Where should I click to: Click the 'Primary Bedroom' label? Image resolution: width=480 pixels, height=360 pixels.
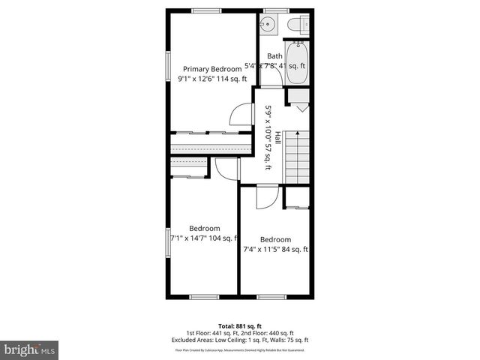211,68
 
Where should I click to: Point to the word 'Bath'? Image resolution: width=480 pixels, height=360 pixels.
274,55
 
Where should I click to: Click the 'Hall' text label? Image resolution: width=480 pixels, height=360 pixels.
277,139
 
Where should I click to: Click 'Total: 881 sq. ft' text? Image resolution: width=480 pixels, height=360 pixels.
239,325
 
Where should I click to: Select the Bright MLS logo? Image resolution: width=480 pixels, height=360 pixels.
30,349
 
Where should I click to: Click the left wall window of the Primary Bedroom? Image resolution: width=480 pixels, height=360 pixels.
167,67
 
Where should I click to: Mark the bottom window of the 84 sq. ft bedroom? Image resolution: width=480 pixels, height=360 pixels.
271,297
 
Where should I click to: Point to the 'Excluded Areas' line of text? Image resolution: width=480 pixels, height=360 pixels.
239,340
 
